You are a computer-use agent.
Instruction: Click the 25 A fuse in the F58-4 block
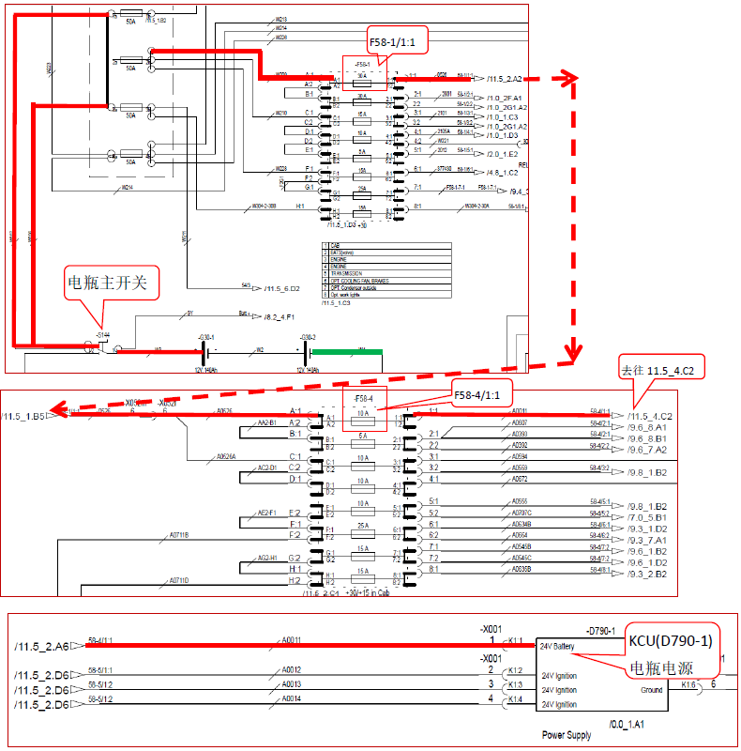click(x=361, y=527)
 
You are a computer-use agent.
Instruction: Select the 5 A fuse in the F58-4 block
click(x=361, y=437)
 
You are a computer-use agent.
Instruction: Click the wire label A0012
click(x=293, y=671)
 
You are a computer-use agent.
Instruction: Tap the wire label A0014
click(x=293, y=699)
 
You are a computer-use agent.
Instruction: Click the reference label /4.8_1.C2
click(x=503, y=172)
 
